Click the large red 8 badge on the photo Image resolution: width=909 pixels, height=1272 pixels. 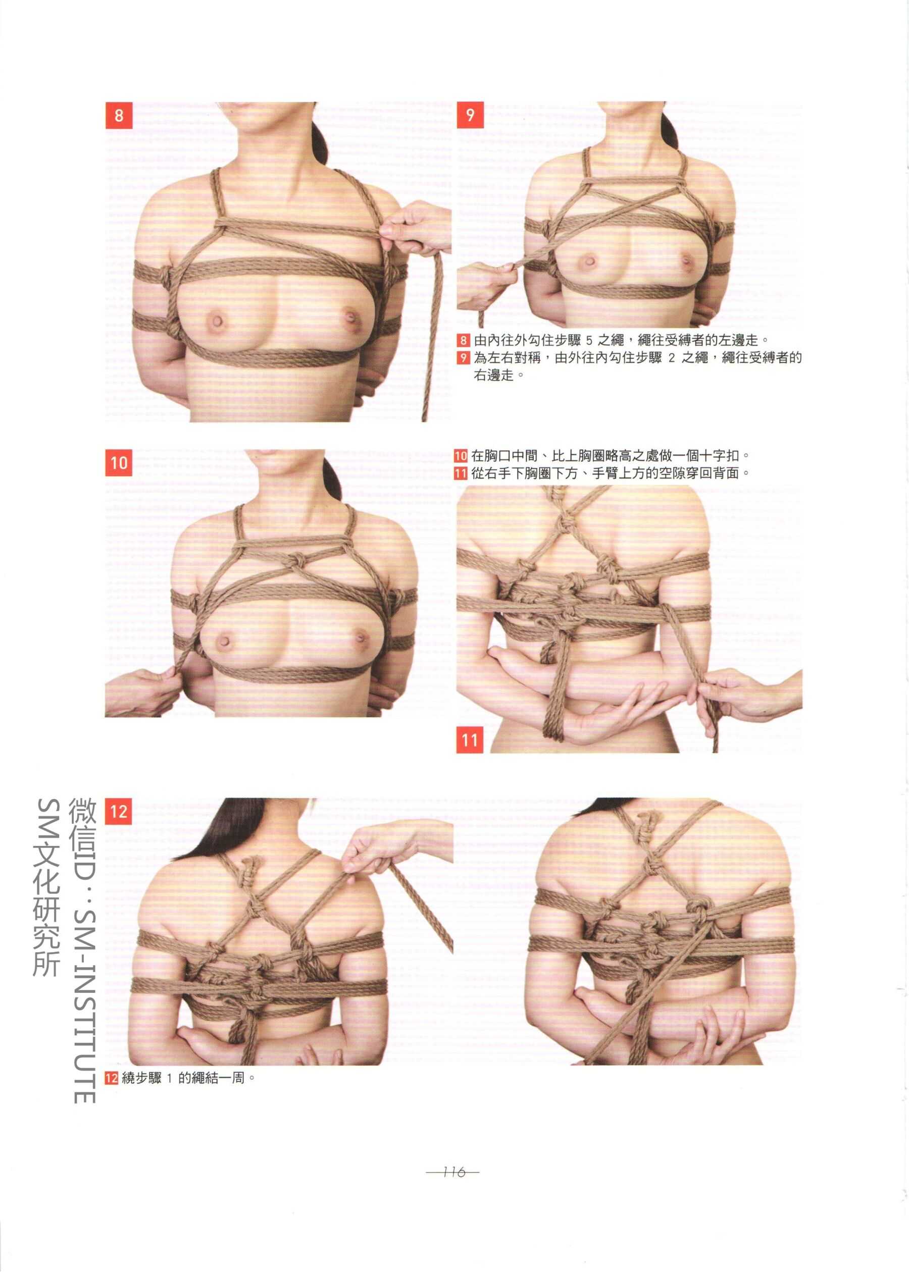119,115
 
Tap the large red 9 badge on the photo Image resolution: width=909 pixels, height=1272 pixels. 470,115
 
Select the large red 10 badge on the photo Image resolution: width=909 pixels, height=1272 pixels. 119,462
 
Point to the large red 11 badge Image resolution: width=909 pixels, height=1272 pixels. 470,739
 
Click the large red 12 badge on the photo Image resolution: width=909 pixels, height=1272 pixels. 119,811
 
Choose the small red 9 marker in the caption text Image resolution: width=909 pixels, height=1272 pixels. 463,357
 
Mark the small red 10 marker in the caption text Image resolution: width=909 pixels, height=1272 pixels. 460,456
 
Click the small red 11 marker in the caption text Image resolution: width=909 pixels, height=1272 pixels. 460,473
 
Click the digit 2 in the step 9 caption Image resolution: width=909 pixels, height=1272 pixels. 672,358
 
